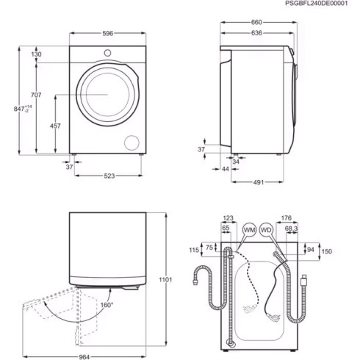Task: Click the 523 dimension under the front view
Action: point(108,176)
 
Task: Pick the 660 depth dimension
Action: point(256,22)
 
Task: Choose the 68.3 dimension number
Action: point(292,229)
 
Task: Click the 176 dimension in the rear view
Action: point(287,217)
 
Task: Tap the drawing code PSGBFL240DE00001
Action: point(316,4)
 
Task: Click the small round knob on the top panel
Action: point(107,52)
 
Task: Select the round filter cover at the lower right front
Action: point(132,142)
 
